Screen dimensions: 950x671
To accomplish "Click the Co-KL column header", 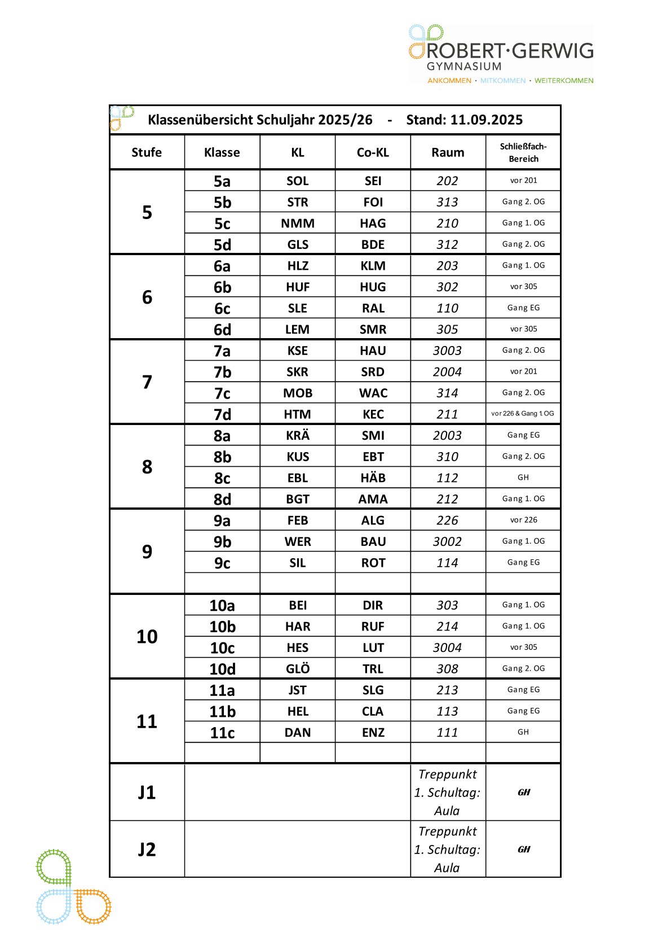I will (373, 152).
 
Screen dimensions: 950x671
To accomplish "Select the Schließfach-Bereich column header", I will (523, 152).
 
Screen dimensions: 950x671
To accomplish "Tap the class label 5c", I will (222, 224).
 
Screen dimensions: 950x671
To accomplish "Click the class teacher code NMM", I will (298, 224).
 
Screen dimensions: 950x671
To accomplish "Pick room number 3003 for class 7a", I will (447, 351).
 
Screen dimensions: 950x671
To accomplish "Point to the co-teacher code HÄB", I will (373, 478).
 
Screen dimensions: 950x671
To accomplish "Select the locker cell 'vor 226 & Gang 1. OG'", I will (523, 414).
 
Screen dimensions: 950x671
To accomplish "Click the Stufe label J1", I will (147, 793).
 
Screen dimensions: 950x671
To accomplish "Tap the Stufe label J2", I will (147, 850).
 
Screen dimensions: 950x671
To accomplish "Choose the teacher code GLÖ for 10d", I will (298, 669).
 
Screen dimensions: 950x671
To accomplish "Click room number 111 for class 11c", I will (447, 733).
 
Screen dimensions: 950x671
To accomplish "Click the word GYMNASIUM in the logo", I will (463, 67).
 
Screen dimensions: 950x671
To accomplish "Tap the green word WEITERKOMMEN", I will (564, 81).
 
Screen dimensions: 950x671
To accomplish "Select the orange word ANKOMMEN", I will (449, 81).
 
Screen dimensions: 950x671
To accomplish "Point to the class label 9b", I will (222, 542).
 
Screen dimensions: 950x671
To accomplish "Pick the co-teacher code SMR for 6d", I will (373, 330).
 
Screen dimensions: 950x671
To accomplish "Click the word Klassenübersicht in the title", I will (200, 120).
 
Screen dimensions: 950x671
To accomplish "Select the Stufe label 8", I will (147, 467).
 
